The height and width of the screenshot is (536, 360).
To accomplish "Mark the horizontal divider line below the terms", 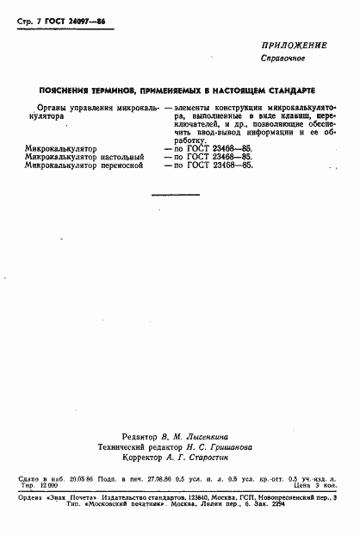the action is coord(175,196).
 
